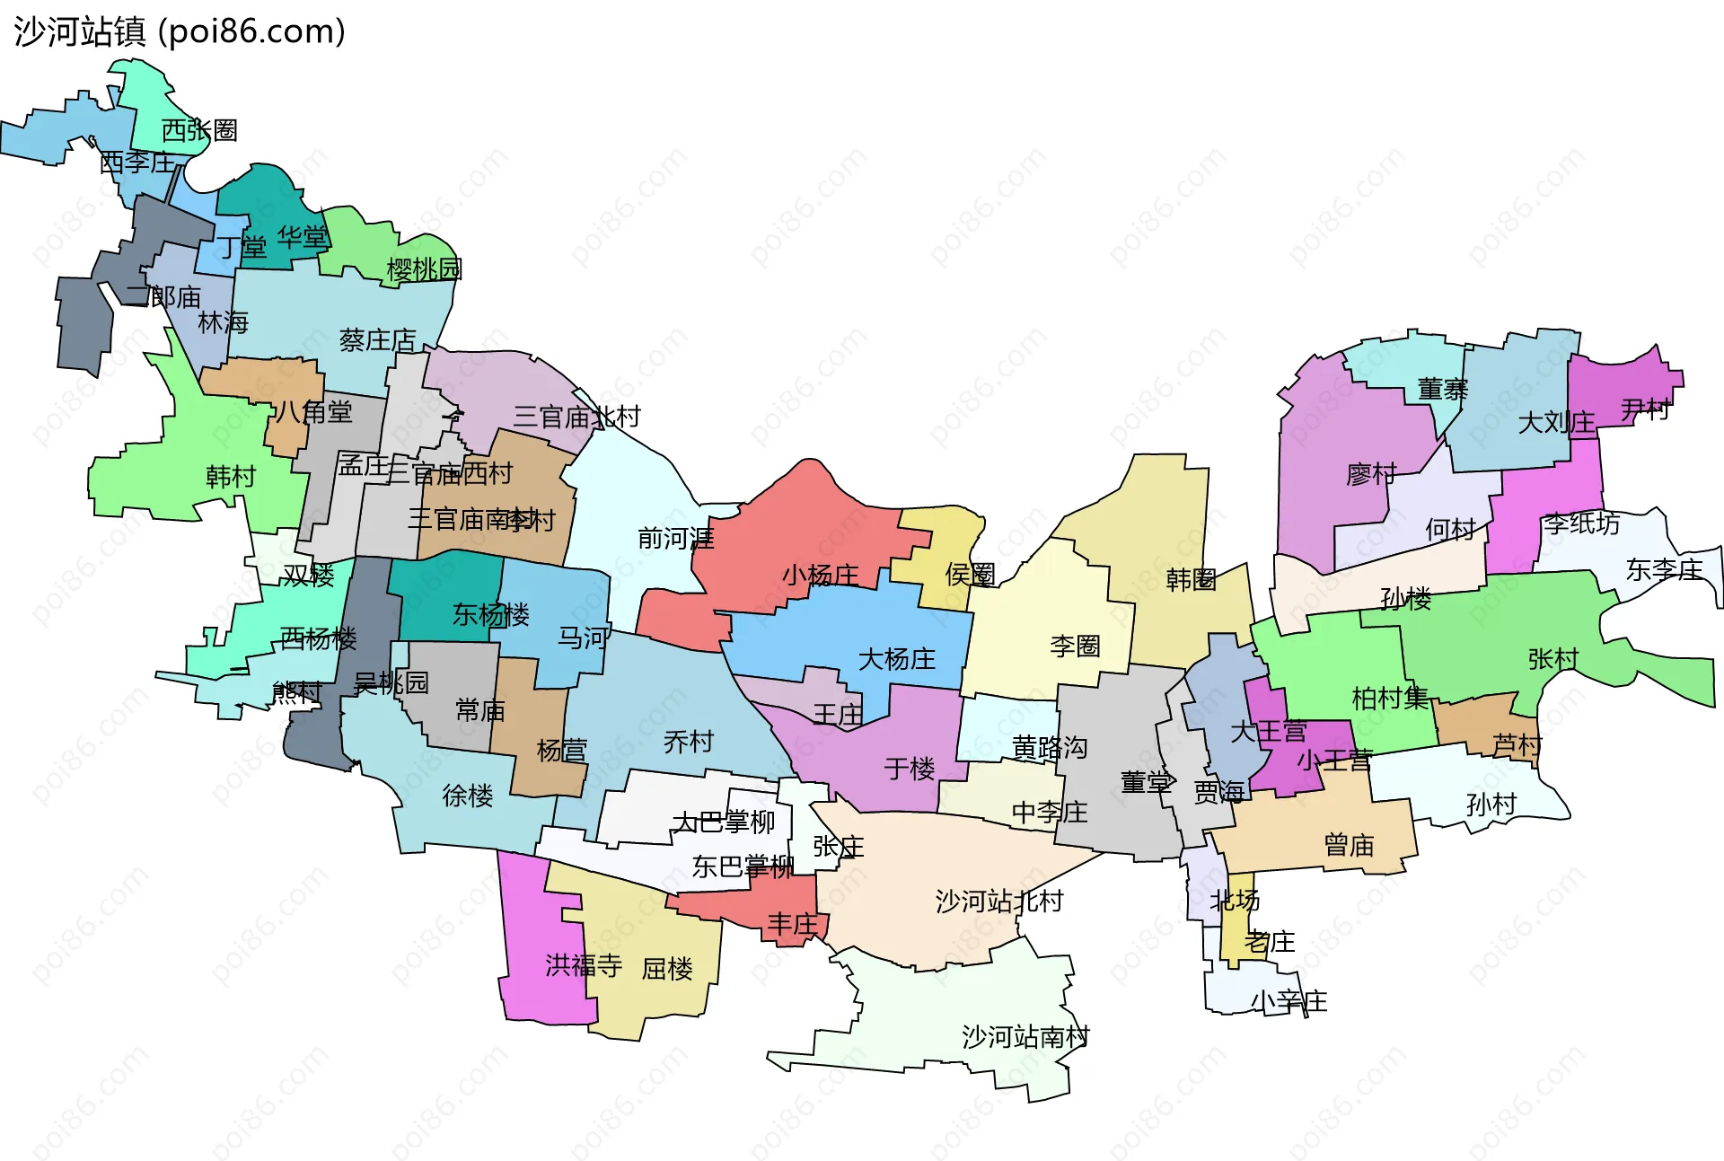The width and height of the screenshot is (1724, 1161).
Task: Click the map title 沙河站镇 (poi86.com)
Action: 180,32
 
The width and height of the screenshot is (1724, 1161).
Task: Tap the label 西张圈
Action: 199,131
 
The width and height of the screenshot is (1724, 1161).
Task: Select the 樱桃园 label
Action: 424,269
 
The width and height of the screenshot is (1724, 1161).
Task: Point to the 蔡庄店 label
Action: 378,340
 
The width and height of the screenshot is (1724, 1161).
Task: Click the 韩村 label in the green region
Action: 231,477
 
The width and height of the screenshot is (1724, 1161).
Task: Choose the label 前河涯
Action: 675,539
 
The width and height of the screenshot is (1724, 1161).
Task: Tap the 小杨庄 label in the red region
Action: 820,576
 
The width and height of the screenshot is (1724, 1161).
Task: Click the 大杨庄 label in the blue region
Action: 896,660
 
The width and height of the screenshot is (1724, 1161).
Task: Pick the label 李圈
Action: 1075,646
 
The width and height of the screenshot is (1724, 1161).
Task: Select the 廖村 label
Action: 1371,474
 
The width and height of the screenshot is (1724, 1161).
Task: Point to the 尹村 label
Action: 1645,410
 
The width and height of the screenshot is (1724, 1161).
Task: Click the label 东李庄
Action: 1664,570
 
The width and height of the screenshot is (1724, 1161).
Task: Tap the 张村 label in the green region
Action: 1552,659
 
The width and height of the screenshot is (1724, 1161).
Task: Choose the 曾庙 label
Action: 1349,846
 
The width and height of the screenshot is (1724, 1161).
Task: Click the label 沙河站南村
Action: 1025,1038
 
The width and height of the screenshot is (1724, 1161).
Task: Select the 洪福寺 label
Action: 584,966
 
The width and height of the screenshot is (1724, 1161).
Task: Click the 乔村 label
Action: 688,743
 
